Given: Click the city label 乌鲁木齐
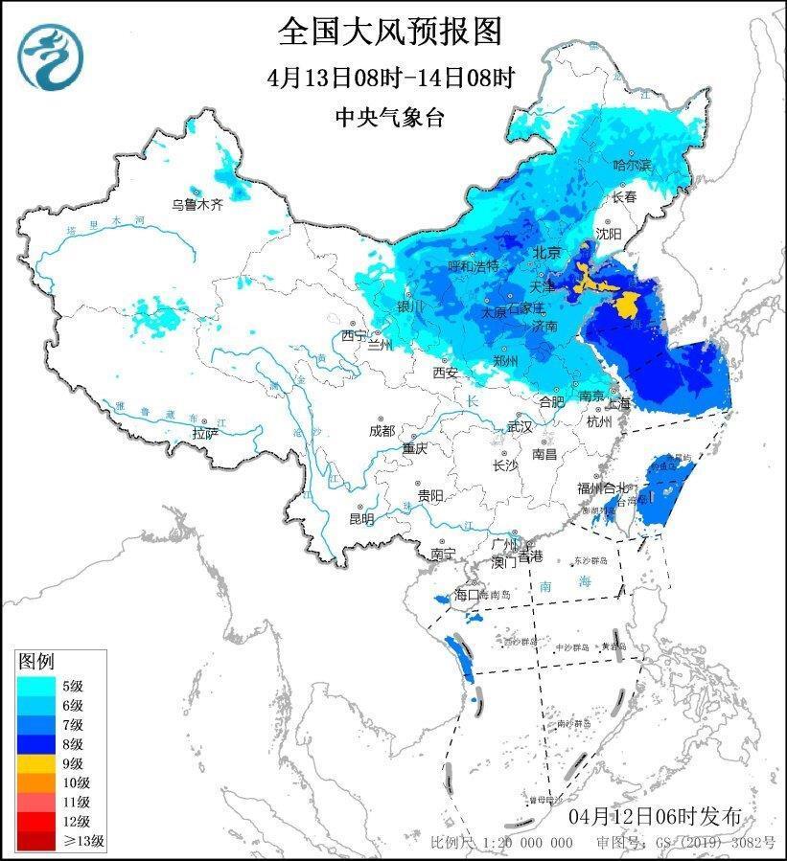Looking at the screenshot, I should tap(197, 204).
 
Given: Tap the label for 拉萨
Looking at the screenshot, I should tap(204, 433).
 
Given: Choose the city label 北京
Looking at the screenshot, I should tap(545, 253).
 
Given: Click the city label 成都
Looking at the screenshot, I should tap(382, 430).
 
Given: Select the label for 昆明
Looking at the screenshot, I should tap(361, 519).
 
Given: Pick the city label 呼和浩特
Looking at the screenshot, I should tap(474, 265).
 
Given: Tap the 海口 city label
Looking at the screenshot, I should tap(466, 595).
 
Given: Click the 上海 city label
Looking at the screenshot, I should tap(617, 403).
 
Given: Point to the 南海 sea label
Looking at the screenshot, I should tap(552, 584).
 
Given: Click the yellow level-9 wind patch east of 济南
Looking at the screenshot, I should tap(628, 306).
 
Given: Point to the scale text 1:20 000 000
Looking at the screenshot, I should tap(527, 842).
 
